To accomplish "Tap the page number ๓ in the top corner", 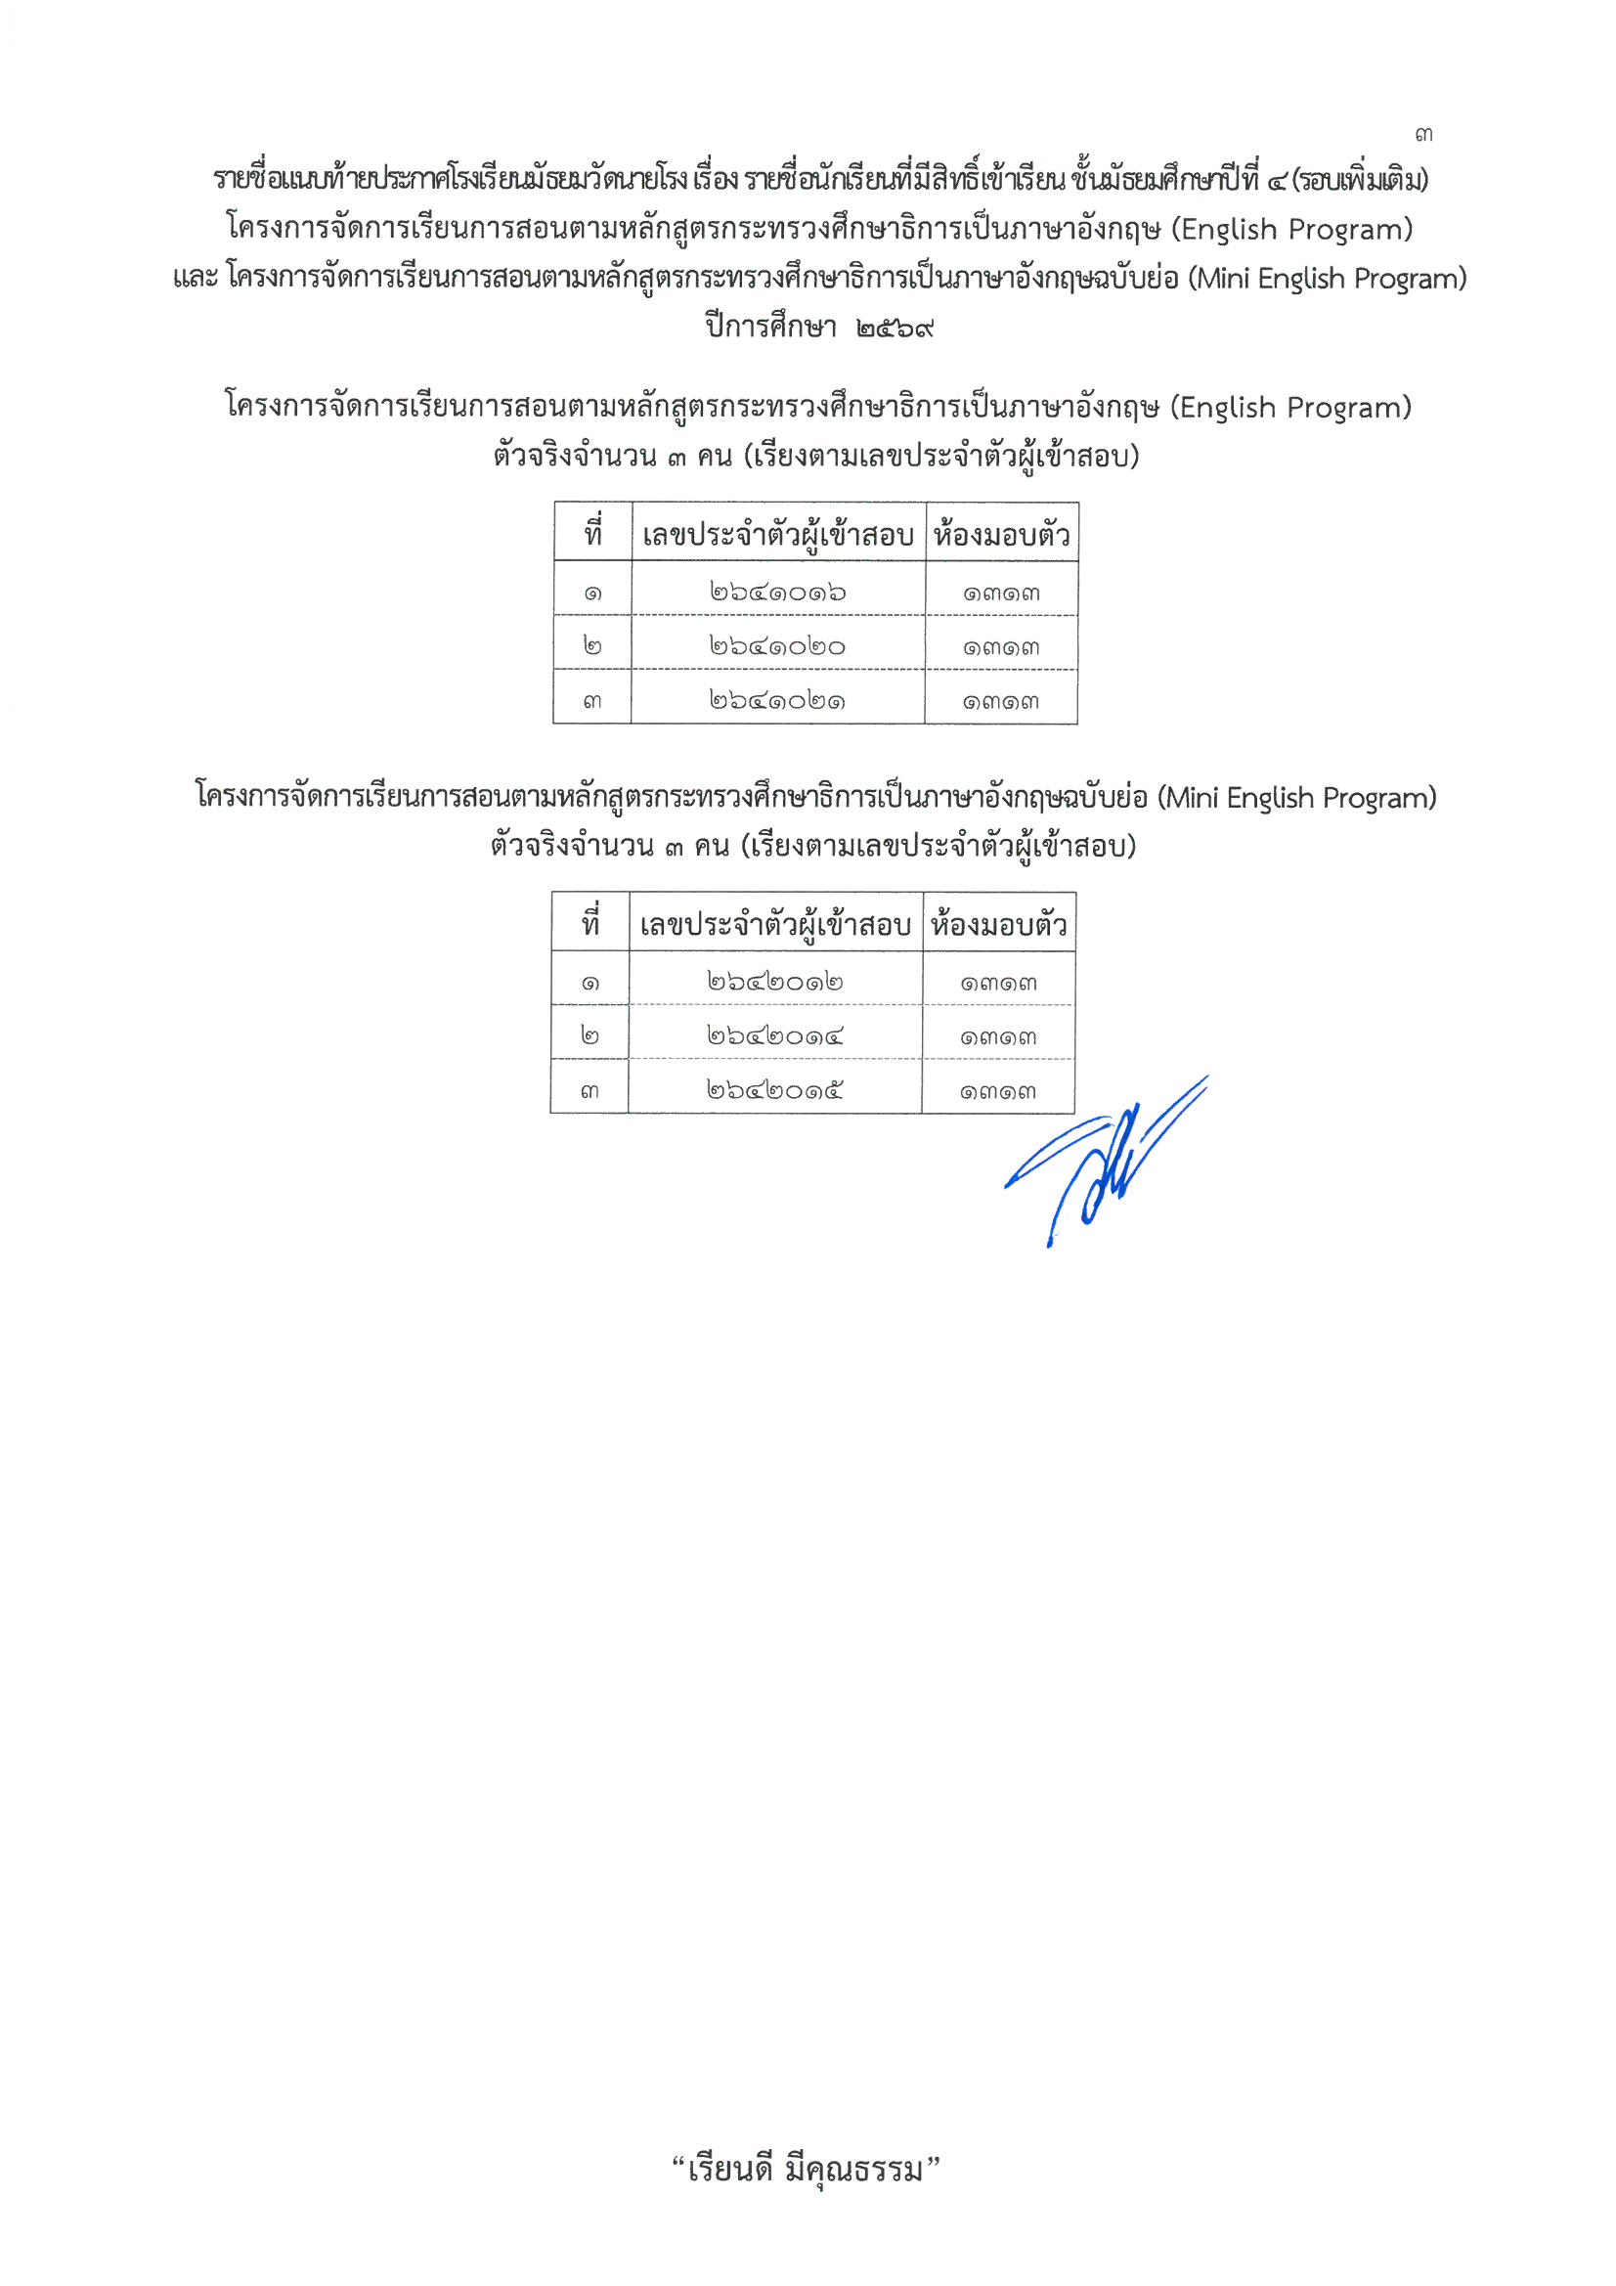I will [1423, 134].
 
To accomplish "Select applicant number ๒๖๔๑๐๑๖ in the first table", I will [777, 593].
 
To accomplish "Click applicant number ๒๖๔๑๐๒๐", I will [777, 646].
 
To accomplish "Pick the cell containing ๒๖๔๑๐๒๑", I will [777, 701].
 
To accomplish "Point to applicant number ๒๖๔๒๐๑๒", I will [775, 982].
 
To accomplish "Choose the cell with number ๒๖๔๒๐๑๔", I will [775, 1036].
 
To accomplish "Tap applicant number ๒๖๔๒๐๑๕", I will [775, 1090].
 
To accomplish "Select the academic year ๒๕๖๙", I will [895, 327].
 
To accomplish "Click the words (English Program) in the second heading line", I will [1291, 230].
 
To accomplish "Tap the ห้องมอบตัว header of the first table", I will [1002, 535].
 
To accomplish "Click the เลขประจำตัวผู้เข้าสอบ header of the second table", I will [775, 925].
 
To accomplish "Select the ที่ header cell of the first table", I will [593, 534].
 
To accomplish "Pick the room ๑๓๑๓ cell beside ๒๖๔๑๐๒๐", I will [1001, 647].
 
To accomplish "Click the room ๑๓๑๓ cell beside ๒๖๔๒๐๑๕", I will [999, 1091].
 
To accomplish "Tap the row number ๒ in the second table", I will [590, 1036].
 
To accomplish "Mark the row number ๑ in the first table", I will [593, 593].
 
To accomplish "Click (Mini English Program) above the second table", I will [1296, 798].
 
